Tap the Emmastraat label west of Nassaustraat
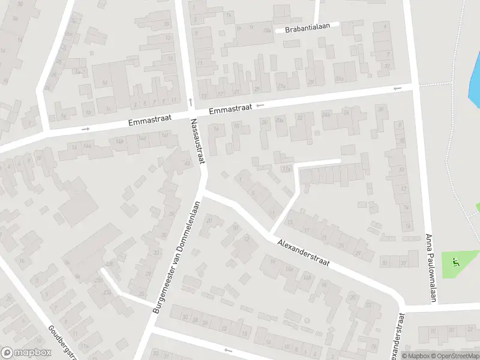pos(149,121)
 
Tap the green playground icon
pos(455,262)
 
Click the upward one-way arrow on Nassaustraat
pos(190,101)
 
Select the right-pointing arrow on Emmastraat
pos(85,128)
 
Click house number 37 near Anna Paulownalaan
pos(403,262)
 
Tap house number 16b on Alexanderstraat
pos(306,277)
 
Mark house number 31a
pos(340,79)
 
